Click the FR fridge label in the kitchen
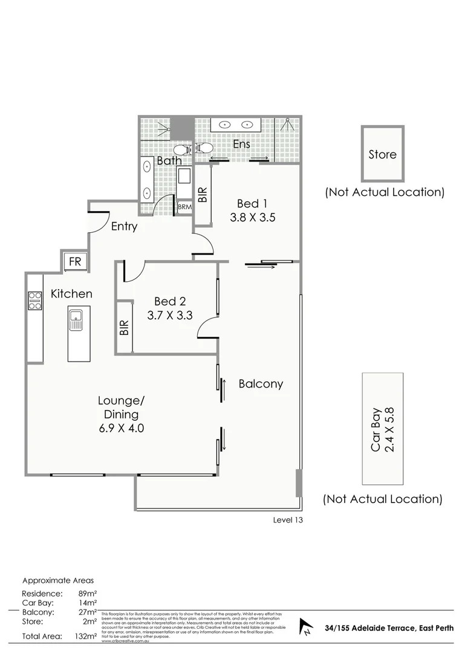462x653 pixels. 75,262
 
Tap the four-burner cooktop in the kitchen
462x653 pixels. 34,301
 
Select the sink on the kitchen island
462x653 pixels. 76,319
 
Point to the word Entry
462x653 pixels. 124,227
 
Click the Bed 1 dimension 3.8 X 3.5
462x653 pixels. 253,218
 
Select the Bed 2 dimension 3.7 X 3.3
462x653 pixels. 169,315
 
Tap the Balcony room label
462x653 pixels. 261,384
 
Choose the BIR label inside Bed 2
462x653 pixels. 124,328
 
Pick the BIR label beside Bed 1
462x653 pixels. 203,193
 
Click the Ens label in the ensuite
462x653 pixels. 242,145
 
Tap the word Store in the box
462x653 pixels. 383,154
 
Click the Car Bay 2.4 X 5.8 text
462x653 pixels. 383,429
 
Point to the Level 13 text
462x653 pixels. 287,520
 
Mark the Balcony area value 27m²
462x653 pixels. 88,612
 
